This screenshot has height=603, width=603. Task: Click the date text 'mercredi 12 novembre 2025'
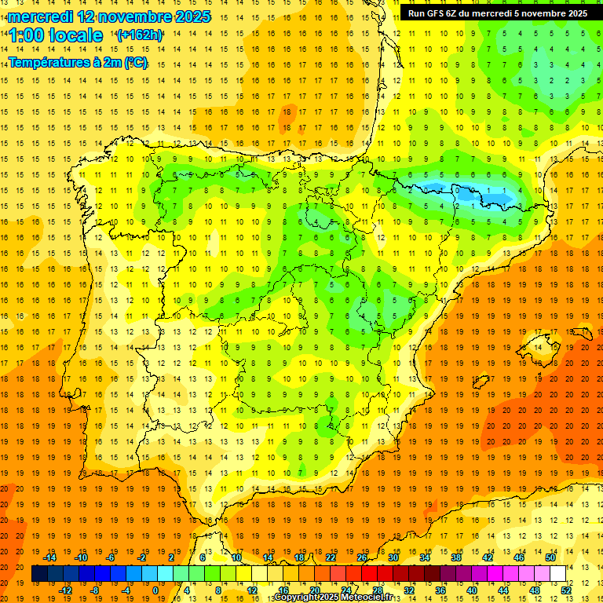pyautogui.click(x=109, y=16)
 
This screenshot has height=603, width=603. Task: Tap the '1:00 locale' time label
pyautogui.click(x=56, y=36)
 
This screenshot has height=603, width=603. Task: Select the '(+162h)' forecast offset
pyautogui.click(x=139, y=35)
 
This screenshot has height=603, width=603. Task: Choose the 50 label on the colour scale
pyautogui.click(x=550, y=557)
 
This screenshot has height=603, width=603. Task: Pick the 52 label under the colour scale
pyautogui.click(x=566, y=590)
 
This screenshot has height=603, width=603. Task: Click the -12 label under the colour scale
pyautogui.click(x=66, y=590)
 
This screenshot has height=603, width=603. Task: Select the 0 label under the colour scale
pyautogui.click(x=155, y=590)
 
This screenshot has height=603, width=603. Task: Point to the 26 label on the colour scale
pyautogui.click(x=362, y=557)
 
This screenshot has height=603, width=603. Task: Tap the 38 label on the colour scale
pyautogui.click(x=456, y=557)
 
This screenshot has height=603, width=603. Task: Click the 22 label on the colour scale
pyautogui.click(x=331, y=557)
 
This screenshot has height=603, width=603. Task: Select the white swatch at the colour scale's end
pyautogui.click(x=557, y=574)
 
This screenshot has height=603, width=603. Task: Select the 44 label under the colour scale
pyautogui.click(x=503, y=590)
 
